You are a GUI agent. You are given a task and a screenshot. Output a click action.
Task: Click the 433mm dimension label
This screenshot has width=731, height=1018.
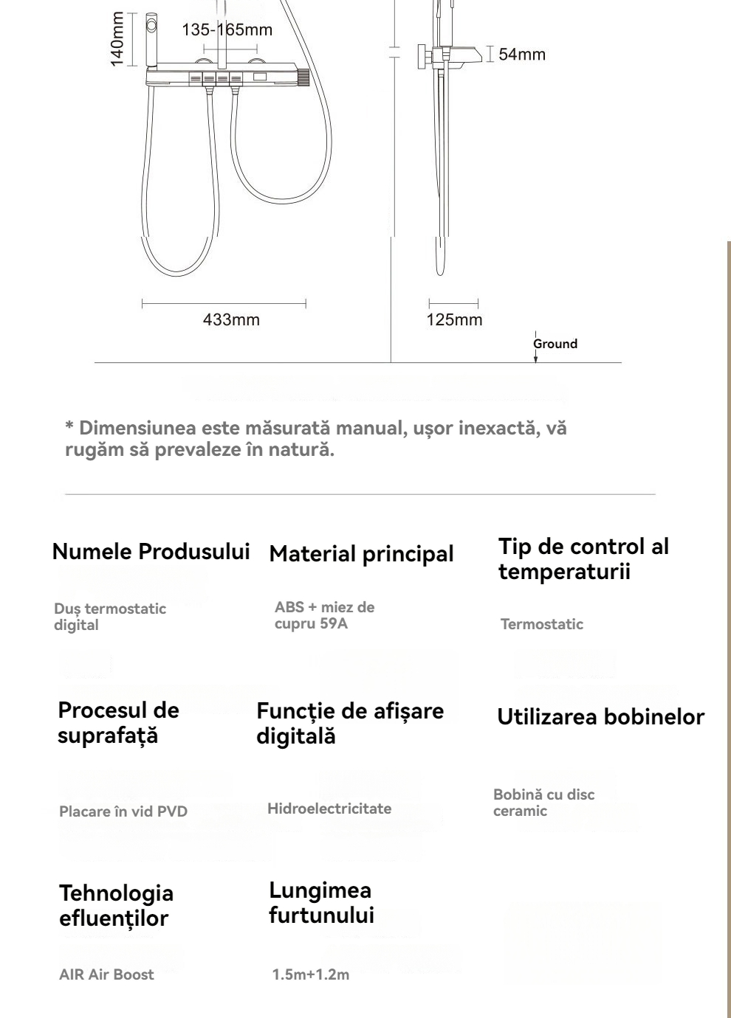[x=231, y=319]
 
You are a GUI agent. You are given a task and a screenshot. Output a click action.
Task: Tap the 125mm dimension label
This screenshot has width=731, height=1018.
[x=454, y=319]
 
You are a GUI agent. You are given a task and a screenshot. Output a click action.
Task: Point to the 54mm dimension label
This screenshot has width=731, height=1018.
[x=522, y=54]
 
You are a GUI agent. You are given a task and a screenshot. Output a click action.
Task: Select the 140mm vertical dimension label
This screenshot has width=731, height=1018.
[x=117, y=40]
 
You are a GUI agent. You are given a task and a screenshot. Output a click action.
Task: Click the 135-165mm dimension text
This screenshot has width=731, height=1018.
[x=227, y=30]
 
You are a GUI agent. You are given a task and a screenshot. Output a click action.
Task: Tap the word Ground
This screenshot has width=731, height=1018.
[x=555, y=344]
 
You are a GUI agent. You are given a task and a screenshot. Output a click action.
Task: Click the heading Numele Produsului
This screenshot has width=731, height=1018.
[x=151, y=552]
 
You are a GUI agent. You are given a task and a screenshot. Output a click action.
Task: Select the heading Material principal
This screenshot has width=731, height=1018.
[x=361, y=554]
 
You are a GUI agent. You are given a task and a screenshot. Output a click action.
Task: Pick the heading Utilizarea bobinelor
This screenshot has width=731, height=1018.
[x=600, y=717]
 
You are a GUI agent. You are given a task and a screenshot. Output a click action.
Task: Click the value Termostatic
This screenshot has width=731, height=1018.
[x=541, y=624]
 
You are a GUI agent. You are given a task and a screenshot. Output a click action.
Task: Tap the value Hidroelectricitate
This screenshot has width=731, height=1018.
[x=329, y=808]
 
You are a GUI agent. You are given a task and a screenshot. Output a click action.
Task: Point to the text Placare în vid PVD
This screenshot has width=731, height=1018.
[x=123, y=811]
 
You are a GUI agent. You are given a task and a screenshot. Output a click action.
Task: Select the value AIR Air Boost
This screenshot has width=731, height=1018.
[x=106, y=974]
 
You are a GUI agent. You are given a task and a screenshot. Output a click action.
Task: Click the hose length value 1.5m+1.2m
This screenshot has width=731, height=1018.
[x=311, y=974]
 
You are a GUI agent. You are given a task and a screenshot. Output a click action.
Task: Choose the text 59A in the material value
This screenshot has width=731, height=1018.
[x=334, y=623]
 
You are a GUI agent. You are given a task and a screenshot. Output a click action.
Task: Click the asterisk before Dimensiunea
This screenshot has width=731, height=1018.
[x=69, y=429]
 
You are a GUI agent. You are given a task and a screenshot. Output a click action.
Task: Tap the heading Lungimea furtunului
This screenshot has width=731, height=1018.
[x=321, y=902]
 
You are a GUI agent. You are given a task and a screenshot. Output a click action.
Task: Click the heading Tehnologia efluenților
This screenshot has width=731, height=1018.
[x=116, y=905]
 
